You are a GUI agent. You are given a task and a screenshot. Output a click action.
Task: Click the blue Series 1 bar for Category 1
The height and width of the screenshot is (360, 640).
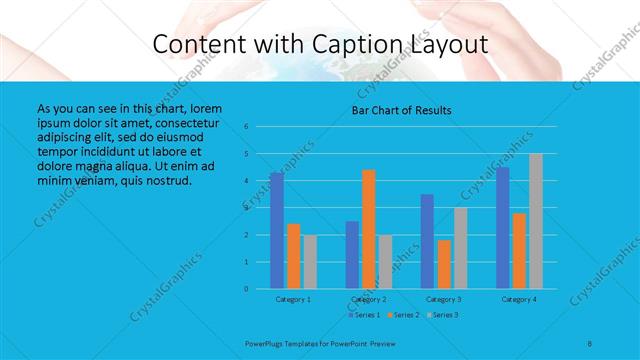click(x=277, y=231)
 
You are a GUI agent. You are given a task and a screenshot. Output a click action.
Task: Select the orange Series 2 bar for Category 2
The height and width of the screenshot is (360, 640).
click(x=369, y=229)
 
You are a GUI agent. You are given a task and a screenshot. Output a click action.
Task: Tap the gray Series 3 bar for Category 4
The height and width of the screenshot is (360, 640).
click(x=536, y=221)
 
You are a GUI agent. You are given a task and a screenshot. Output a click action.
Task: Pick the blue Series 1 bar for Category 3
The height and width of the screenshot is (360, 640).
click(x=427, y=241)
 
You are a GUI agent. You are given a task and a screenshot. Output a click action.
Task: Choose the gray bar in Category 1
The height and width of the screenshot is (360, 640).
click(x=309, y=262)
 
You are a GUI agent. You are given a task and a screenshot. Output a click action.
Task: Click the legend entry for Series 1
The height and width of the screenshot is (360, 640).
click(x=364, y=315)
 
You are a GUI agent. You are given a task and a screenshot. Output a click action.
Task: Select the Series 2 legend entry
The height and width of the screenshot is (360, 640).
click(x=402, y=315)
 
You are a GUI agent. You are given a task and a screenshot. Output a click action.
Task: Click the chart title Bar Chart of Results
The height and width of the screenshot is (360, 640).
click(x=402, y=110)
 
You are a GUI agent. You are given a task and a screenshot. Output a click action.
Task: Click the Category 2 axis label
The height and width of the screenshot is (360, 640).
click(x=369, y=299)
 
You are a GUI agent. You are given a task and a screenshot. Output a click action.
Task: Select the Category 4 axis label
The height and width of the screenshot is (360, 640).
click(x=519, y=299)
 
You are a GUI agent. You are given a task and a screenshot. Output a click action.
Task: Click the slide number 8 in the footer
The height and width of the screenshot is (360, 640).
click(x=590, y=343)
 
